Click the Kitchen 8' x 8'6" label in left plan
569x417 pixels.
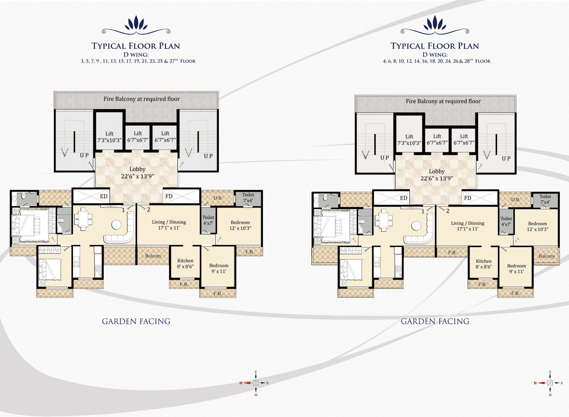click(x=185, y=264)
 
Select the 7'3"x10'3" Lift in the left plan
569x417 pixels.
click(x=110, y=137)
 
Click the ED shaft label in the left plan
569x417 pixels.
click(x=104, y=196)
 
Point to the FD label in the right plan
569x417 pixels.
click(x=467, y=198)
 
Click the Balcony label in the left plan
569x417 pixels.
click(x=153, y=256)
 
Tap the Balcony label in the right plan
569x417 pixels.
click(x=547, y=256)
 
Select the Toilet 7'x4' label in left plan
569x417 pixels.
click(x=248, y=198)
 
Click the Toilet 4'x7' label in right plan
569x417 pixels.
click(x=506, y=221)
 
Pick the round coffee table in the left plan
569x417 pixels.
click(x=117, y=225)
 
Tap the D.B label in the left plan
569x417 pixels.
click(x=217, y=198)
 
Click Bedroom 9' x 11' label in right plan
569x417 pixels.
click(x=516, y=269)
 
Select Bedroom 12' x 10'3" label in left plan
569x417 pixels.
click(x=240, y=225)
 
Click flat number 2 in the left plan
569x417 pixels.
click(x=149, y=209)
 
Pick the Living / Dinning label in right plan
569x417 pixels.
click(x=467, y=226)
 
